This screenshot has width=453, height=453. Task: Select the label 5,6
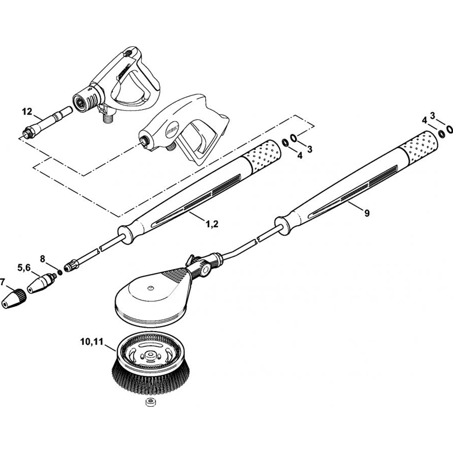pyautogui.click(x=25, y=268)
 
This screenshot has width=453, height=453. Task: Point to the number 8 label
pyautogui.click(x=43, y=259)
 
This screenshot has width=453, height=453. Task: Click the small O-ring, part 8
pyautogui.click(x=59, y=273)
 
